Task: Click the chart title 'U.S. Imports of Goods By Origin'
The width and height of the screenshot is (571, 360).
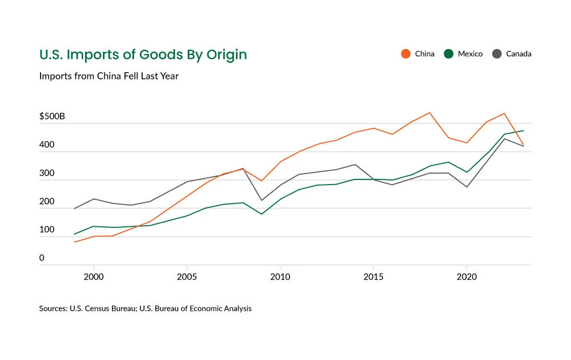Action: click(x=143, y=55)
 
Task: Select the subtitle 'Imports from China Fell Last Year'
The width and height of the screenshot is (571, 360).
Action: click(x=109, y=76)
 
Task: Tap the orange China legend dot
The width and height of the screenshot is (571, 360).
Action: click(x=405, y=54)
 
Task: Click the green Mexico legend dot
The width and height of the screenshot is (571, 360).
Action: click(x=448, y=54)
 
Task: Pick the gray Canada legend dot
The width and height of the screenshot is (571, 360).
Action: click(x=496, y=54)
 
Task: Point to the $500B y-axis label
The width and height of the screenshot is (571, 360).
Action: click(x=52, y=117)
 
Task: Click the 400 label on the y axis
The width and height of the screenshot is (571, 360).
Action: click(x=47, y=145)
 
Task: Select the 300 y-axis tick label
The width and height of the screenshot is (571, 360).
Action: click(x=47, y=173)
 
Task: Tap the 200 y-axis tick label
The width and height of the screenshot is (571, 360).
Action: click(x=47, y=202)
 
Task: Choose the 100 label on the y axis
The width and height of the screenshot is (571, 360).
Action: click(x=47, y=230)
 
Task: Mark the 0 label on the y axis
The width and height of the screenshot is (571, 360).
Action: click(x=42, y=258)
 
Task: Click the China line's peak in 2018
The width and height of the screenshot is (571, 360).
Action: click(x=429, y=113)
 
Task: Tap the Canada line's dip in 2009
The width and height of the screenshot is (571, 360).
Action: click(x=261, y=200)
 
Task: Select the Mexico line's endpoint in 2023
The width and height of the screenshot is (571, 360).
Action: click(x=523, y=131)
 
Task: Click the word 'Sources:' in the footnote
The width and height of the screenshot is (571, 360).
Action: click(x=53, y=309)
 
